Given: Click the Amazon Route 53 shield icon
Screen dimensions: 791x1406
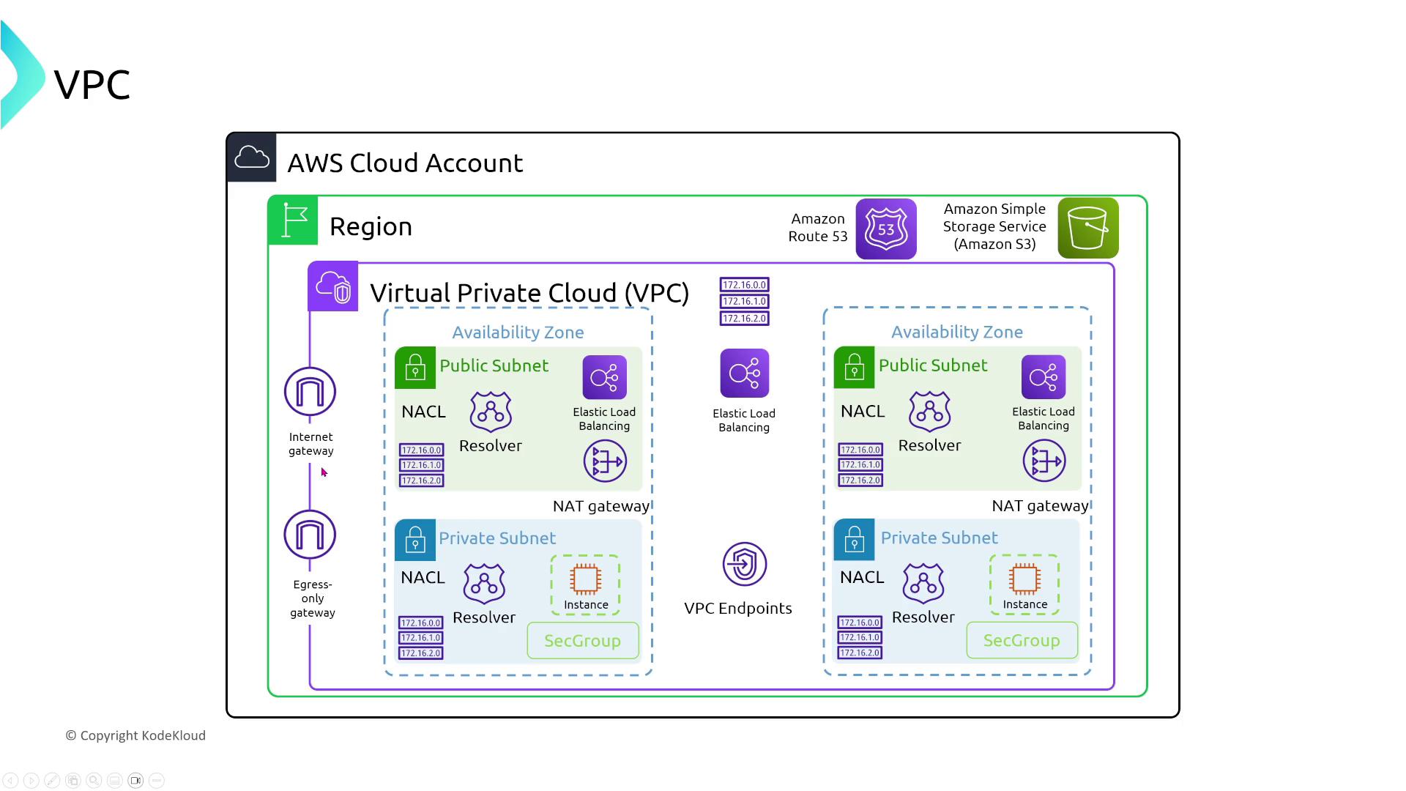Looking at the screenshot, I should pyautogui.click(x=886, y=229).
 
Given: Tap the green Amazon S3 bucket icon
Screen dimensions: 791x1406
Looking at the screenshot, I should pyautogui.click(x=1087, y=228).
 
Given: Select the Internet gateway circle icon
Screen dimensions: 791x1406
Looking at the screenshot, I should pyautogui.click(x=310, y=392).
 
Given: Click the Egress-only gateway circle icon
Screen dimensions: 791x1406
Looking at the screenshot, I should pyautogui.click(x=310, y=535).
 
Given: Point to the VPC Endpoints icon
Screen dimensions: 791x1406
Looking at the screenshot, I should pyautogui.click(x=744, y=564).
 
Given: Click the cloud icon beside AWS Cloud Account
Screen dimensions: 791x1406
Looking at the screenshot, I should pyautogui.click(x=252, y=157).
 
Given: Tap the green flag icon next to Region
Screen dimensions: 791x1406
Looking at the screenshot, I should pyautogui.click(x=294, y=220).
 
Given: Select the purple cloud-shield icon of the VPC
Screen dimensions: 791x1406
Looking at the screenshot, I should pyautogui.click(x=333, y=286).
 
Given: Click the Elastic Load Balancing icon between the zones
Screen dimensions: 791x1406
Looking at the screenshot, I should pyautogui.click(x=744, y=374).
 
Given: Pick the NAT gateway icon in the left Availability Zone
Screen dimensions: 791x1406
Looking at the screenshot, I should pyautogui.click(x=605, y=461).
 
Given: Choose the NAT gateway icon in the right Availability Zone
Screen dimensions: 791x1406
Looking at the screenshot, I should pyautogui.click(x=1044, y=461).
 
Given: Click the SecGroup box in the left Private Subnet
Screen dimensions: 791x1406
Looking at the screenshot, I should pyautogui.click(x=583, y=641).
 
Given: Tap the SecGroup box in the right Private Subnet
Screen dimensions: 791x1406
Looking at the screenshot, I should pyautogui.click(x=1022, y=640).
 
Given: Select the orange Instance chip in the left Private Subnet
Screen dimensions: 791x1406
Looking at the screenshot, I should pyautogui.click(x=585, y=579).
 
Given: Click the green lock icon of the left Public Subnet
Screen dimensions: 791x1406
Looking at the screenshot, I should pyautogui.click(x=415, y=367).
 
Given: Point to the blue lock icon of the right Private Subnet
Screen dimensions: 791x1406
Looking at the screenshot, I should pyautogui.click(x=854, y=540).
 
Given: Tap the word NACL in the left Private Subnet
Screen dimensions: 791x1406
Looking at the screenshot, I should pyautogui.click(x=423, y=577).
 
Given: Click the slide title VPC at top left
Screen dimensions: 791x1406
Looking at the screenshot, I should pyautogui.click(x=92, y=85).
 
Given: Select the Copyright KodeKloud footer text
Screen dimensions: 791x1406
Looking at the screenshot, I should pyautogui.click(x=135, y=735).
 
